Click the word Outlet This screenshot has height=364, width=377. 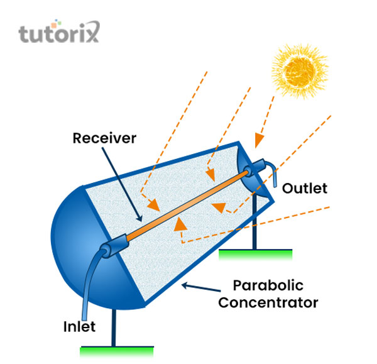coord(304,187)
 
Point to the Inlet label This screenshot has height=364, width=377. coord(79,326)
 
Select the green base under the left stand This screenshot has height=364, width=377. coord(117,348)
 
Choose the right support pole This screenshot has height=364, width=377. coord(254,226)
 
